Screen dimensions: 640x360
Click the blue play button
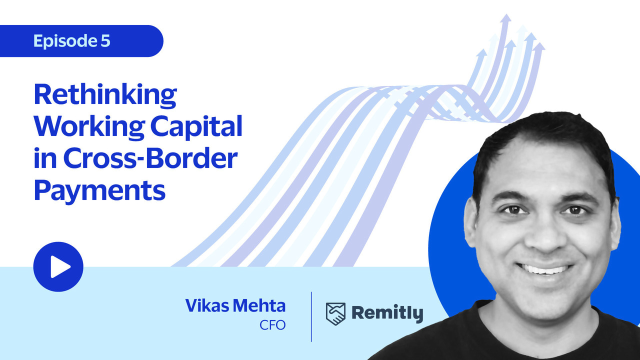pos(58,267)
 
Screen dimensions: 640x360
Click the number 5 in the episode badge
pos(105,40)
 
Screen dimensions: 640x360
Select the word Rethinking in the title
pos(105,95)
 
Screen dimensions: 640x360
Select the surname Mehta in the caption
pos(259,305)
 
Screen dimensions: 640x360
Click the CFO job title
pos(272,325)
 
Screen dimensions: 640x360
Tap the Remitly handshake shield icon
pos(335,314)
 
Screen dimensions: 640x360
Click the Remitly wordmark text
pos(387,313)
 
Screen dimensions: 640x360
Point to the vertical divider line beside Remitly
pos(311,316)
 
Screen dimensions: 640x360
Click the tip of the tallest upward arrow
pos(506,14)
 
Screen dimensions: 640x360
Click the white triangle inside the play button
pos(60,267)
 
